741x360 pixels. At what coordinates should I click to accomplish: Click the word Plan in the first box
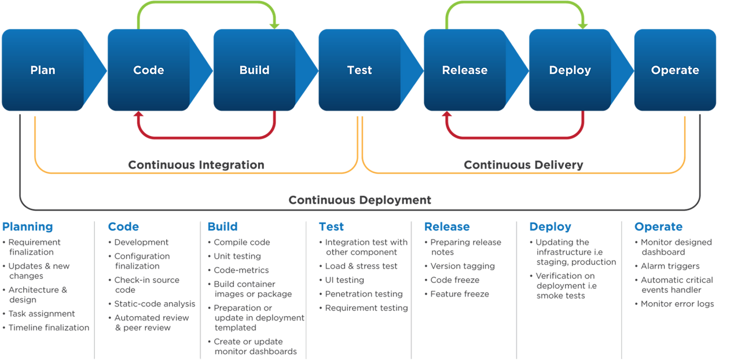coord(43,70)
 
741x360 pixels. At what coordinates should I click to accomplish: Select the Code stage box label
coord(149,70)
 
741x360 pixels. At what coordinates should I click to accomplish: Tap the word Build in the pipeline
coord(254,70)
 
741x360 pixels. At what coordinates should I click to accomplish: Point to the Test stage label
coord(360,70)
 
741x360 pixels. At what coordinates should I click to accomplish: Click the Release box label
coord(465,70)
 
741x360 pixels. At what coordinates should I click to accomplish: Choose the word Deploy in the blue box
coord(570,70)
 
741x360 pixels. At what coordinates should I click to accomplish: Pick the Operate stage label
coord(675,70)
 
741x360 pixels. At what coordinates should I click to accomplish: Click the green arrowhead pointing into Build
coord(275,24)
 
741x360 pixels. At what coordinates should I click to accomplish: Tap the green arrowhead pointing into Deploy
coord(583,24)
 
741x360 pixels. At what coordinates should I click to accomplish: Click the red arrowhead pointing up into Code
coord(138,116)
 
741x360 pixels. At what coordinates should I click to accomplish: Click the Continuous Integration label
coord(196,165)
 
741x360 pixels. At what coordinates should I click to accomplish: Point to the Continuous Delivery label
coord(524,165)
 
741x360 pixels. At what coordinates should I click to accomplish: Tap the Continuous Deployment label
coord(360,200)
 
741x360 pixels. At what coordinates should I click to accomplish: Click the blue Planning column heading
coord(27,227)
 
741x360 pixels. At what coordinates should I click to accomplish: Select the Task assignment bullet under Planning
coord(41,314)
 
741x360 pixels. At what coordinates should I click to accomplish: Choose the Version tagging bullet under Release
coord(463,266)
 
